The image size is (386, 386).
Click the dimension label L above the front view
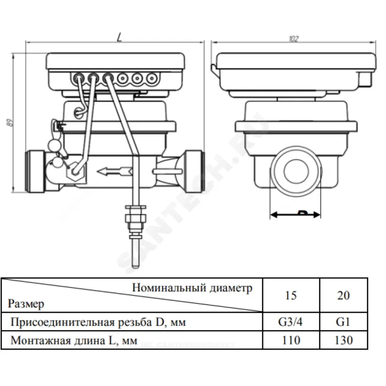(119, 37)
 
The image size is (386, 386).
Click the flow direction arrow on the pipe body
(114, 170)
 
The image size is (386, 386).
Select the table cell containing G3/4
(290, 321)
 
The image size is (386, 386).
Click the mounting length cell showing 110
(290, 341)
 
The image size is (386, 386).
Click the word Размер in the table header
(26, 304)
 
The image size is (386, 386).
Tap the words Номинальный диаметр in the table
(192, 288)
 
